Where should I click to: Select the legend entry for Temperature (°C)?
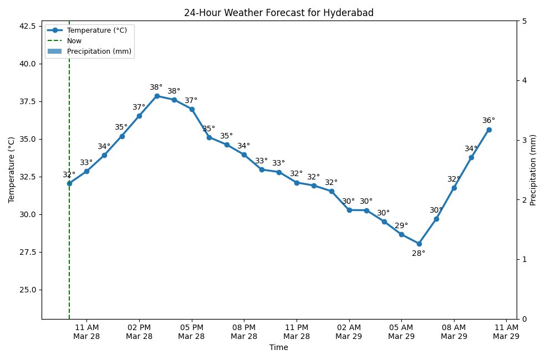96,30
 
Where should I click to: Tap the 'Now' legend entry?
74,41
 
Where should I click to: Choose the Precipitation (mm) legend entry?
100,52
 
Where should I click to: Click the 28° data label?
419,254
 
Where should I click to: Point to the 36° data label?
488,121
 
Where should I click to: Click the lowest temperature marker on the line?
419,244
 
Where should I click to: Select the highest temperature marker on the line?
157,96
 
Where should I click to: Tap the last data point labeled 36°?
489,130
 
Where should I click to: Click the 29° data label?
401,226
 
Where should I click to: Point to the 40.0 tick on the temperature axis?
26,64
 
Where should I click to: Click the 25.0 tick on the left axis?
26,290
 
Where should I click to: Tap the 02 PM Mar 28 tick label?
139,331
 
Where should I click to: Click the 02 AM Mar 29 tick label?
349,331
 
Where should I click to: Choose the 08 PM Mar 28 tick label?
244,331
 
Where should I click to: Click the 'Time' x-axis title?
278,348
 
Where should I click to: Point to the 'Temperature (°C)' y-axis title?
12,170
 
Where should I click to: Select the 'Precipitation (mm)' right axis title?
533,170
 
